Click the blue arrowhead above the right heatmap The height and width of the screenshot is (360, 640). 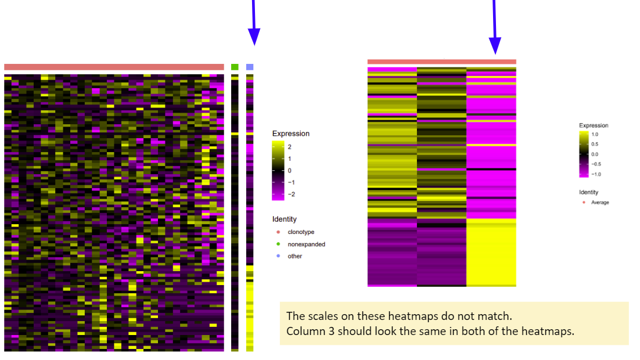(495, 45)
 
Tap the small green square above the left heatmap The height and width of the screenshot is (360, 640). (235, 67)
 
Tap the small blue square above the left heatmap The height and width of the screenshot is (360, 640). (250, 67)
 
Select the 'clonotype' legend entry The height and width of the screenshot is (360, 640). (300, 232)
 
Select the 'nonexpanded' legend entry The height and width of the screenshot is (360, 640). (306, 244)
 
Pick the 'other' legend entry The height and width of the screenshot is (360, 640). (294, 256)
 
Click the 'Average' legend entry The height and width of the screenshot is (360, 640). (599, 202)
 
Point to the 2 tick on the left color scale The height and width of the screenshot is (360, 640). (289, 146)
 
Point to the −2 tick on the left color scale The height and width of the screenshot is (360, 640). (290, 194)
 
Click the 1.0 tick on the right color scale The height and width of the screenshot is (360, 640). (595, 134)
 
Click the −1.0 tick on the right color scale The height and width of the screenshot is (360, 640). (596, 174)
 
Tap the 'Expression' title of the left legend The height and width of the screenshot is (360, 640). (290, 134)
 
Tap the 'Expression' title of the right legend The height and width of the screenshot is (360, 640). (593, 125)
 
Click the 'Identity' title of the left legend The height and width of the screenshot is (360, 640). (284, 219)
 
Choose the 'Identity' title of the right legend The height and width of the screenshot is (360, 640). (588, 192)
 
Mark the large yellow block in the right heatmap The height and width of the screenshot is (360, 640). (491, 253)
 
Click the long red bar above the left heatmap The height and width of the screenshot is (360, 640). (114, 67)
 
